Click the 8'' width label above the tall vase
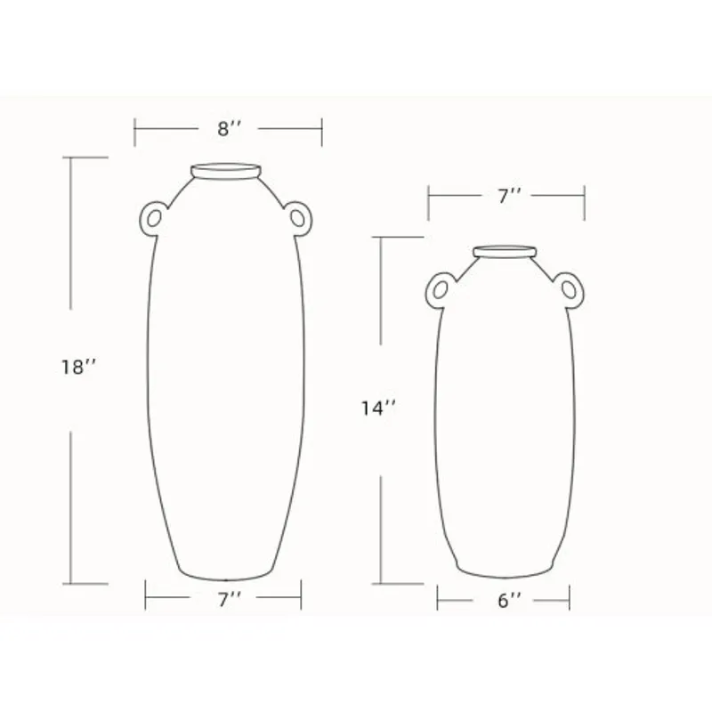coord(230,129)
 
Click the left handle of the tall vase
coord(154,217)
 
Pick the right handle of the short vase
coord(570,287)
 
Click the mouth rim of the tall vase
coord(227,170)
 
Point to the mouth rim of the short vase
coord(506,251)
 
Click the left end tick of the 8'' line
coord(135,132)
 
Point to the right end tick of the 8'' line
coord(321,132)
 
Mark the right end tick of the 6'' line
coord(570,600)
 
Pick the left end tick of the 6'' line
coord(438,600)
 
